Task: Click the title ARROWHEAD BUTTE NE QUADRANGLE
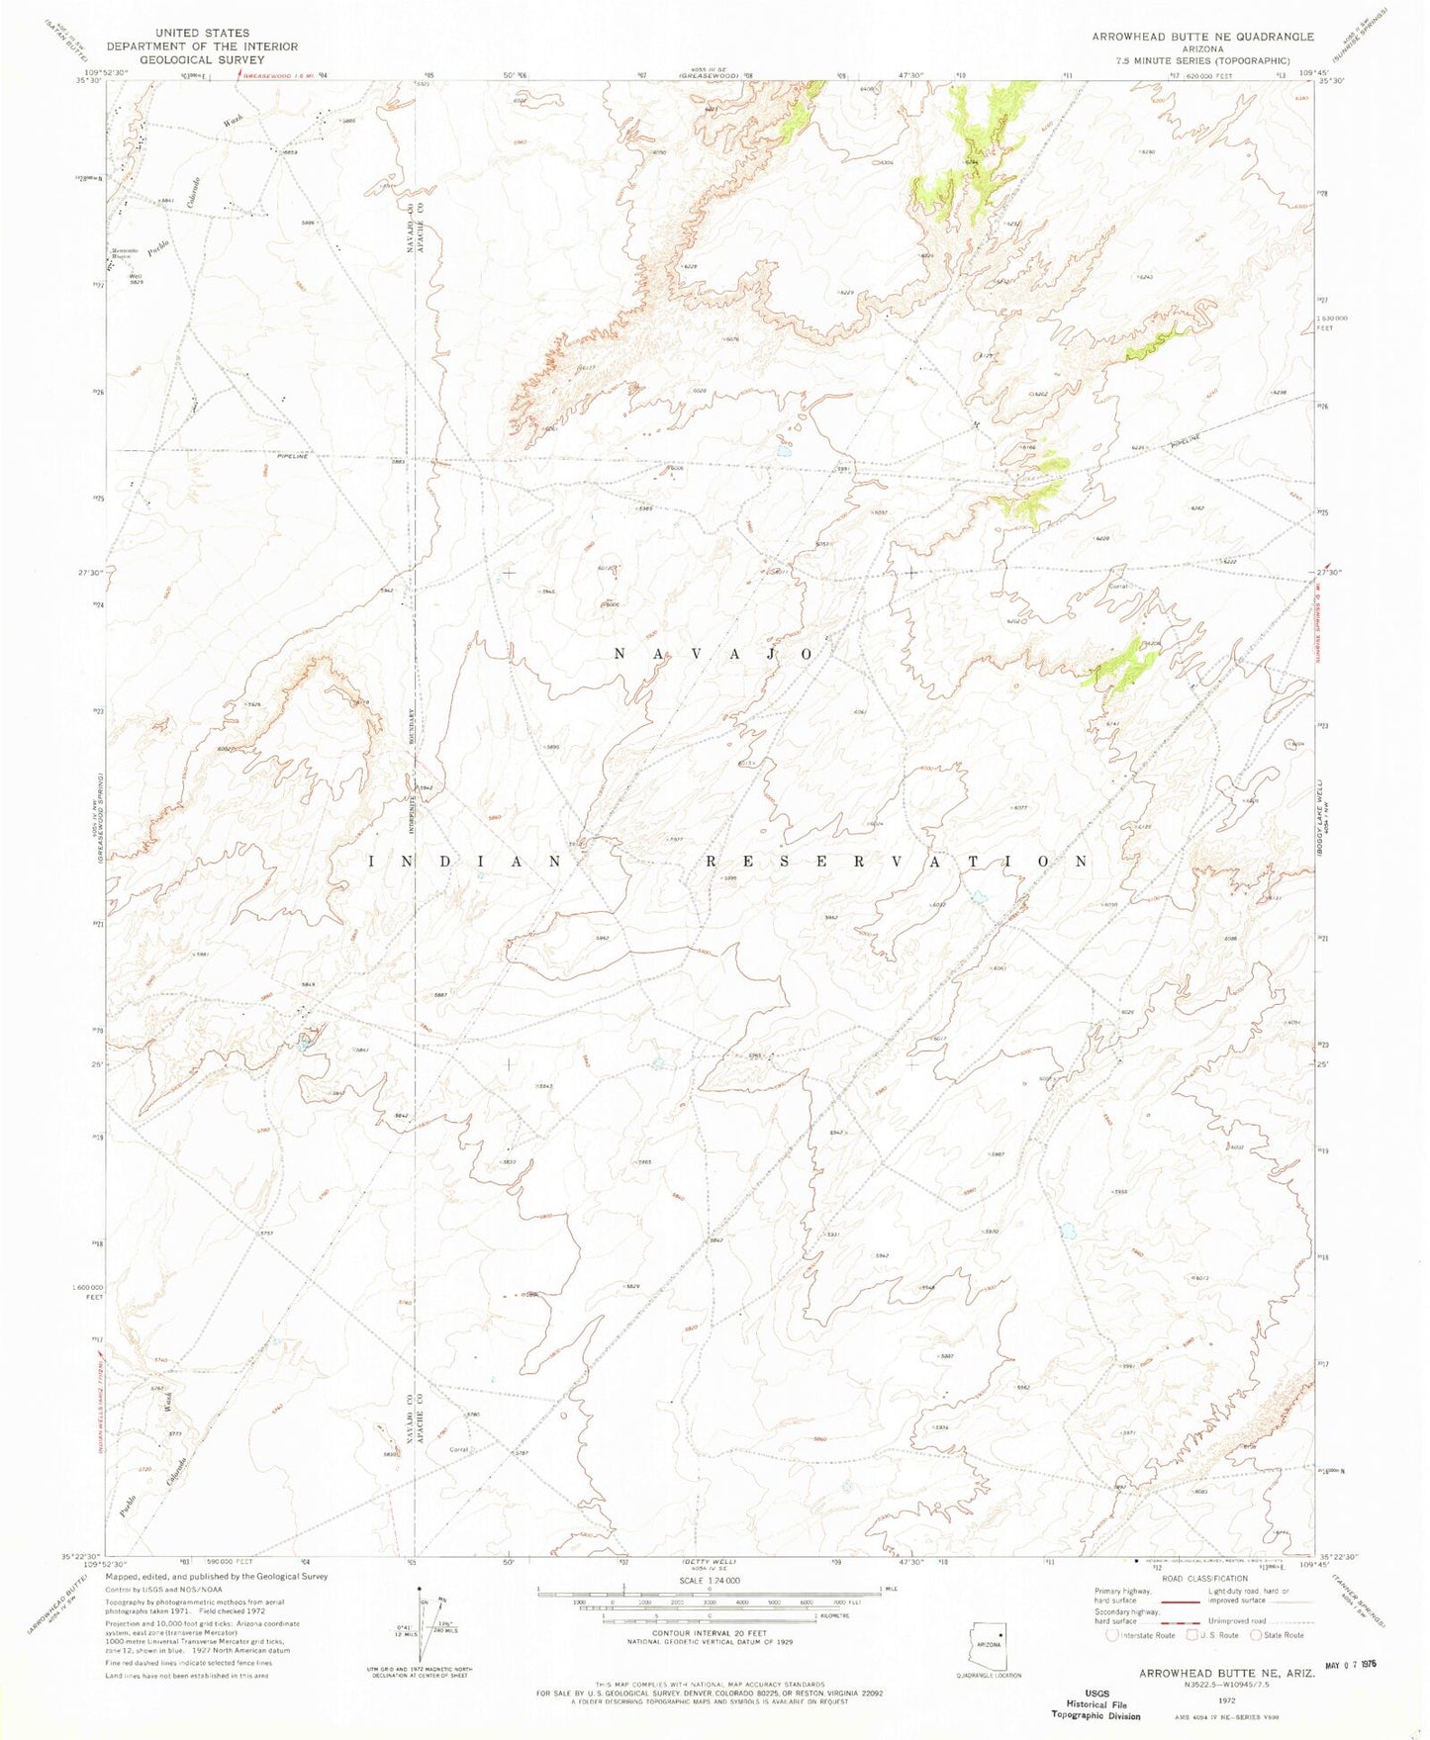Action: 1202,37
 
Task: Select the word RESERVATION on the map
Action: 897,862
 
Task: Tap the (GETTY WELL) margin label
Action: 709,1560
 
